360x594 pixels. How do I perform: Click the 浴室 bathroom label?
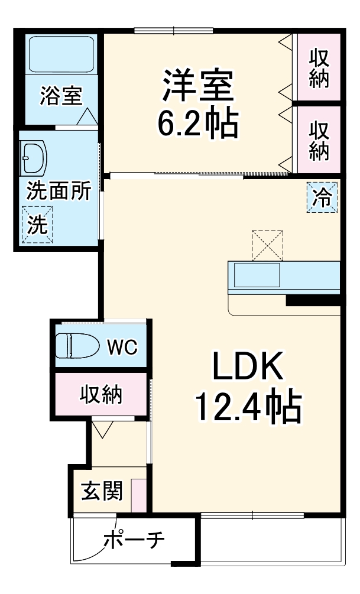[61, 96]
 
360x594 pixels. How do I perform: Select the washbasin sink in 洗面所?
[34, 157]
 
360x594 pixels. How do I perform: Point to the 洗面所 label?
[59, 191]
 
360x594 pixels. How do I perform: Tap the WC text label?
[122, 346]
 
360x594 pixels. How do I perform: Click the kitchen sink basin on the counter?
[257, 275]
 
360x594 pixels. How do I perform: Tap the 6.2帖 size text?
[197, 124]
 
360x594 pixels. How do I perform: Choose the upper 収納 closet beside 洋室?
[319, 68]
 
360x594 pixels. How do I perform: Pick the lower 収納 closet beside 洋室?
[319, 140]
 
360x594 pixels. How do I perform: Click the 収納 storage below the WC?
[101, 394]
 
